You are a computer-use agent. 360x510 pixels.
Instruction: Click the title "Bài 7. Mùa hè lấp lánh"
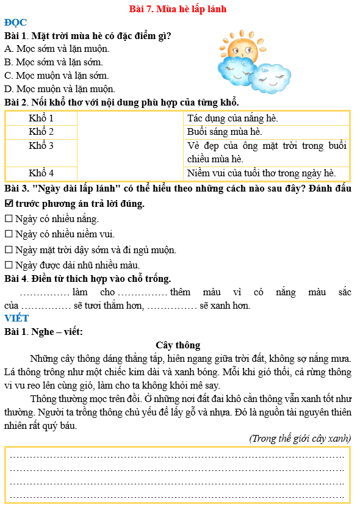(x=178, y=9)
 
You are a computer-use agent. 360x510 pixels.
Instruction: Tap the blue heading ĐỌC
(x=15, y=23)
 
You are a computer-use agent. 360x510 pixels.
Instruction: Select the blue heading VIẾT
(x=16, y=318)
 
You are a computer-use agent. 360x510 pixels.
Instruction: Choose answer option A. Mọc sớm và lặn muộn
(x=57, y=48)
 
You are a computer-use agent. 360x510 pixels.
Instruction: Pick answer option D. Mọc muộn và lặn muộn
(x=60, y=89)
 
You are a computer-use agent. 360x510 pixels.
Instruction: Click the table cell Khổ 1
(x=41, y=118)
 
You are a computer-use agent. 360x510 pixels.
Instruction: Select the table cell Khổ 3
(x=41, y=146)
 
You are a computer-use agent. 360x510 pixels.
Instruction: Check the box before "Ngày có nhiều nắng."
(x=9, y=219)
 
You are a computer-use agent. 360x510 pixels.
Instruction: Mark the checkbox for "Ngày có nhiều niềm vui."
(x=9, y=234)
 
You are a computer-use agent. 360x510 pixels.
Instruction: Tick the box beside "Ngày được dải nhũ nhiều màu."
(x=9, y=265)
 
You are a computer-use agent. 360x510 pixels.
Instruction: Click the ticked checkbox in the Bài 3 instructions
(x=9, y=204)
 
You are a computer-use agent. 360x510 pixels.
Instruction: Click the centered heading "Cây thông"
(x=178, y=345)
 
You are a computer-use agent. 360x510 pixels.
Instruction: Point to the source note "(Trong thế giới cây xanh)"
(x=300, y=438)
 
